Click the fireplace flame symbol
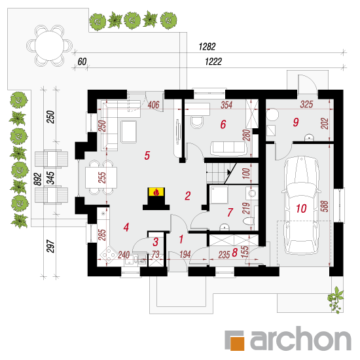click(156, 192)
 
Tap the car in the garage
click(301, 205)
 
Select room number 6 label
click(223, 124)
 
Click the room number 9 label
click(296, 122)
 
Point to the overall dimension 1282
click(207, 46)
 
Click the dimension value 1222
click(213, 62)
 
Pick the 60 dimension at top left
click(82, 62)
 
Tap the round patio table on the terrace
click(49, 46)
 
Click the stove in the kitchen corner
click(109, 255)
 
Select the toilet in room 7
click(249, 221)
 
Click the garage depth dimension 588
click(325, 206)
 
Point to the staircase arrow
click(228, 171)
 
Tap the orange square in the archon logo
click(237, 343)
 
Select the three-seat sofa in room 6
click(228, 148)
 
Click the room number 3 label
click(155, 242)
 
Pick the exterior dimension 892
click(38, 179)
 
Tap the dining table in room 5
click(101, 177)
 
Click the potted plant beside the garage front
click(335, 300)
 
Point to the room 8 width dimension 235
click(224, 255)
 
